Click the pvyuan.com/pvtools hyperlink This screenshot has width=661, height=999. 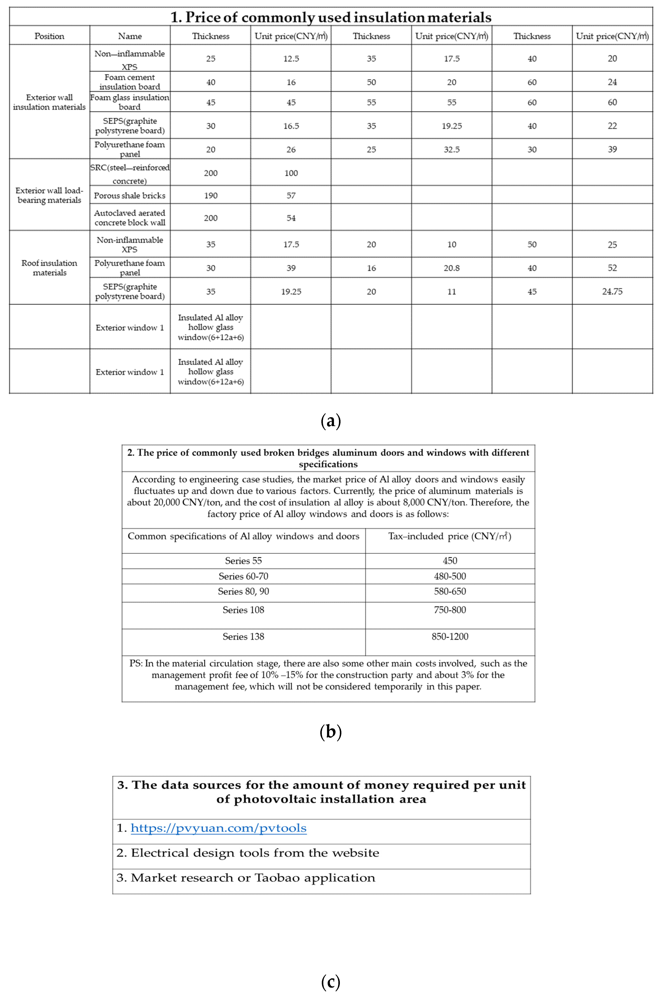218,828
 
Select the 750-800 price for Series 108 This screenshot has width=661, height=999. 450,610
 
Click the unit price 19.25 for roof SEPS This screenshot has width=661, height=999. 291,292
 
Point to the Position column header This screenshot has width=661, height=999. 49,36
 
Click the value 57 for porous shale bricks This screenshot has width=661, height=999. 291,196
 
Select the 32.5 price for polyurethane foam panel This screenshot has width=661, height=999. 451,150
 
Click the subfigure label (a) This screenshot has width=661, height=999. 330,421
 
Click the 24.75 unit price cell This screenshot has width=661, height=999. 612,292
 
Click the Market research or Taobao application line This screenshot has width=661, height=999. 246,878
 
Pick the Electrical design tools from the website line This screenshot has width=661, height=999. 248,853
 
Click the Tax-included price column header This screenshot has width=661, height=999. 450,537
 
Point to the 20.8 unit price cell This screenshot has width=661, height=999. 451,268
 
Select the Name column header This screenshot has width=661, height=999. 130,36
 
